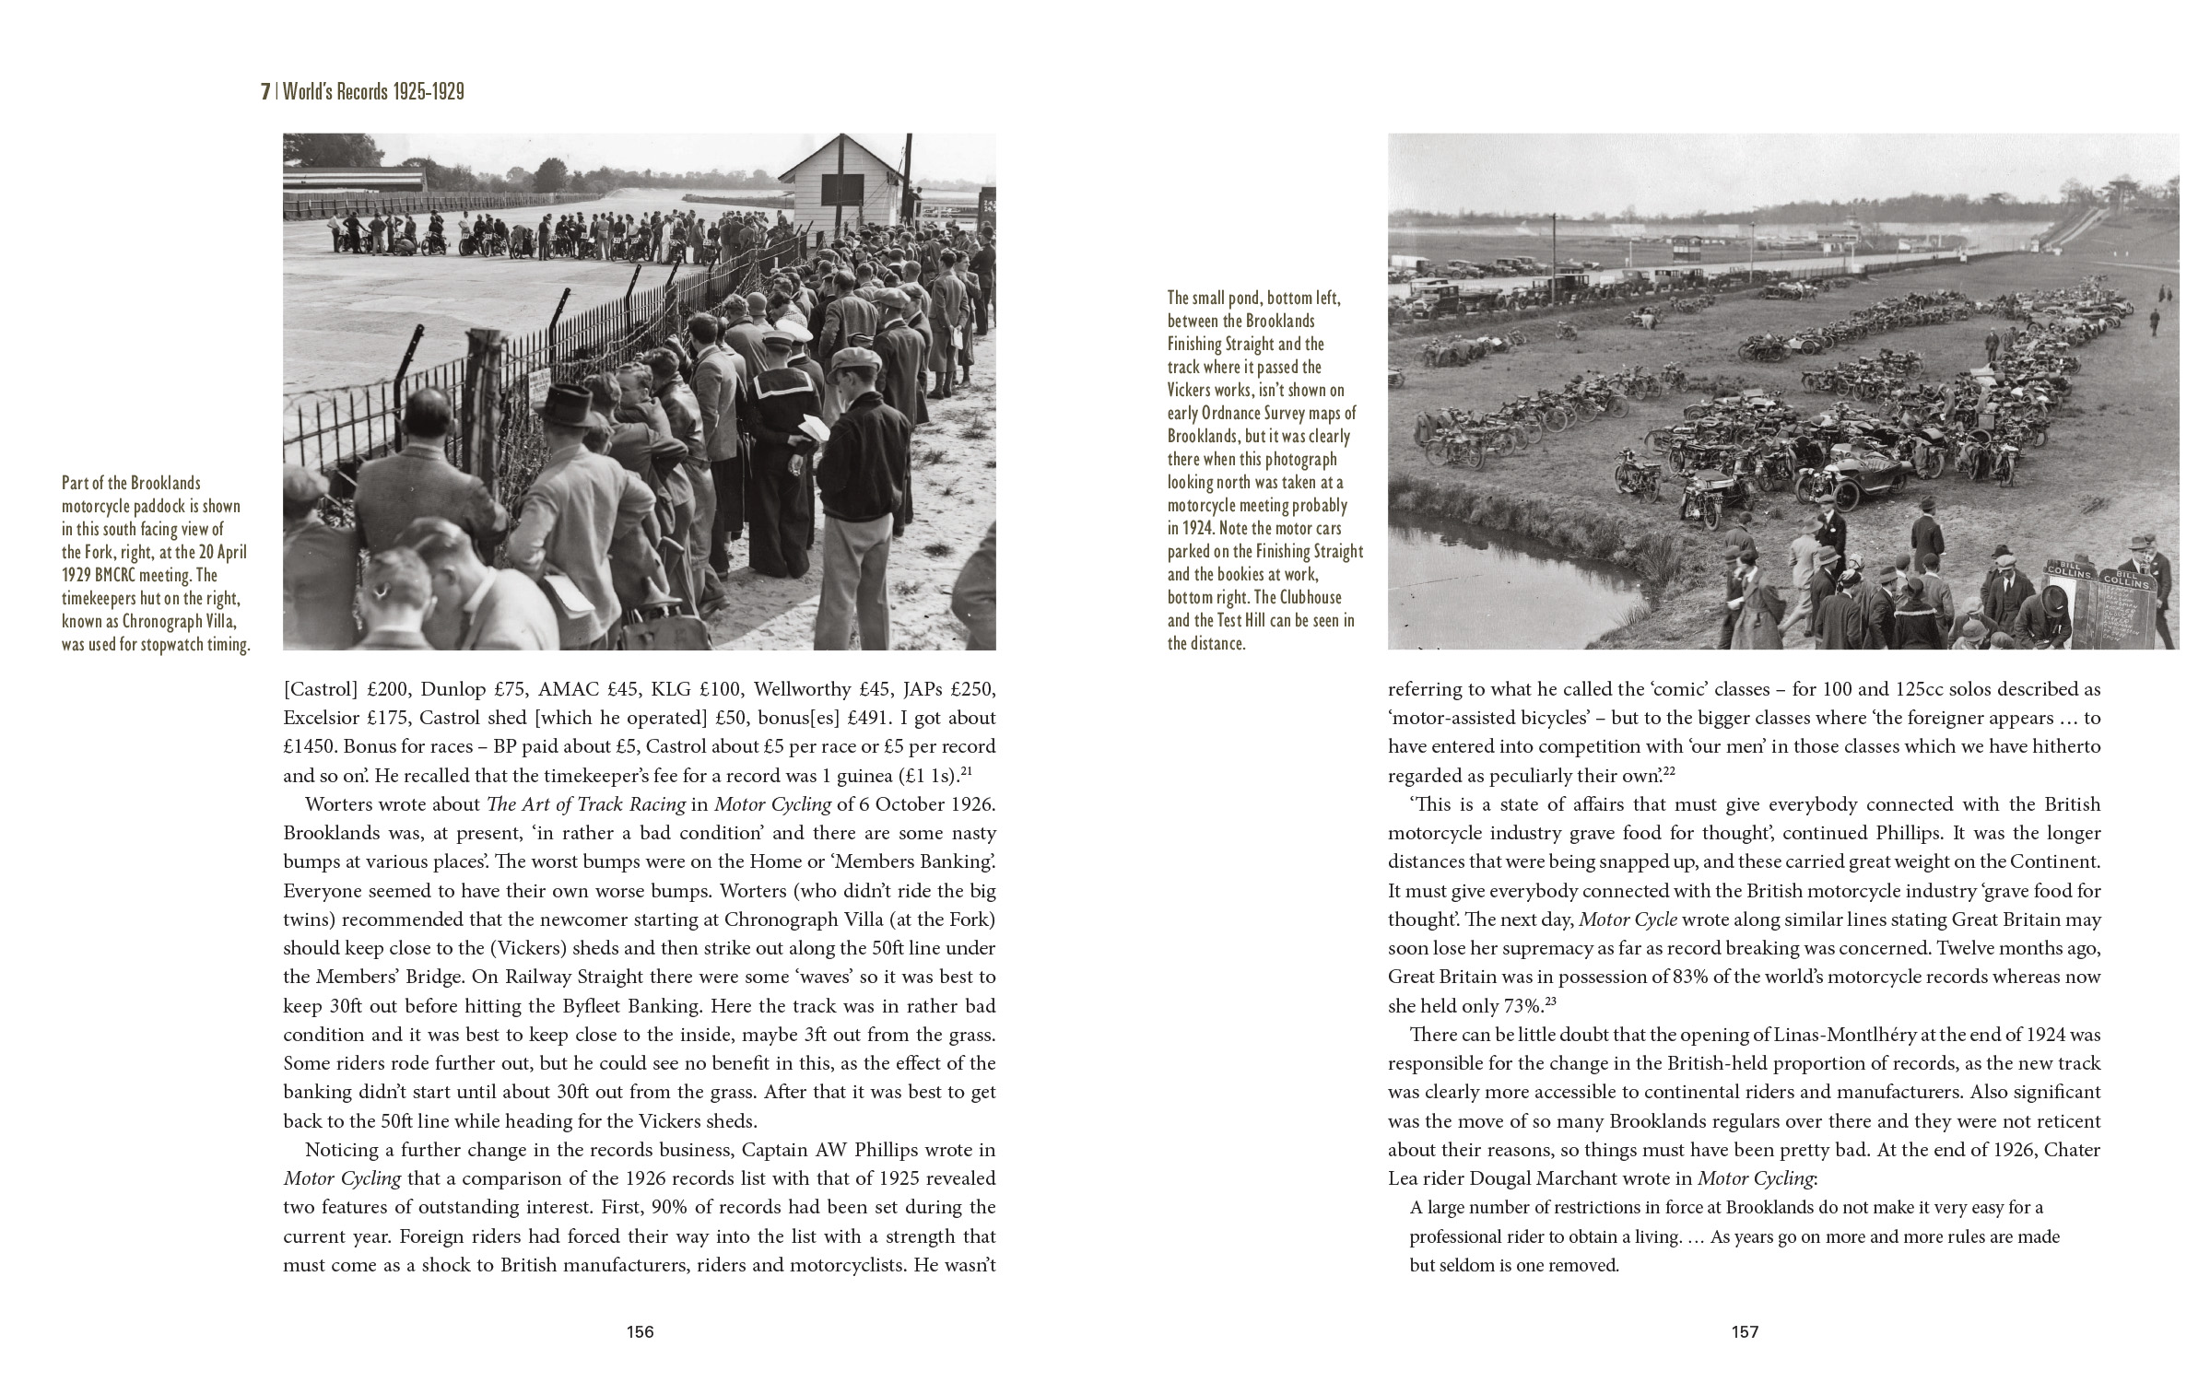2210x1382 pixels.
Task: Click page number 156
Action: pyautogui.click(x=640, y=1331)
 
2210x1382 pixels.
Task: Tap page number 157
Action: pyautogui.click(x=1745, y=1331)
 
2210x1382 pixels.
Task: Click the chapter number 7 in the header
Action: pyautogui.click(x=265, y=91)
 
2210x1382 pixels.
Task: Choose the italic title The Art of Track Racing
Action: pyautogui.click(x=586, y=804)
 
